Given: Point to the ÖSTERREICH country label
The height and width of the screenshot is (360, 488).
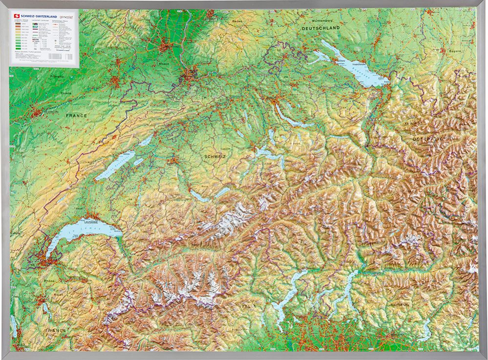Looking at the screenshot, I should (x=429, y=139).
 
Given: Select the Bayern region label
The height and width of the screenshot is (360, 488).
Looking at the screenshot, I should (x=455, y=51).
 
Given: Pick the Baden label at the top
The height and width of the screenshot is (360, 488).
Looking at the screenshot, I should (x=237, y=21).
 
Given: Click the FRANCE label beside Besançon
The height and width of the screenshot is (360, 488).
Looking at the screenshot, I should (x=77, y=116).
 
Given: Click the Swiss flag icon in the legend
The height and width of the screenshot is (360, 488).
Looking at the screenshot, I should (x=17, y=16).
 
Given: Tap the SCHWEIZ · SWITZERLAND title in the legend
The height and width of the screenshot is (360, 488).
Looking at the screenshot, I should (x=42, y=16).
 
